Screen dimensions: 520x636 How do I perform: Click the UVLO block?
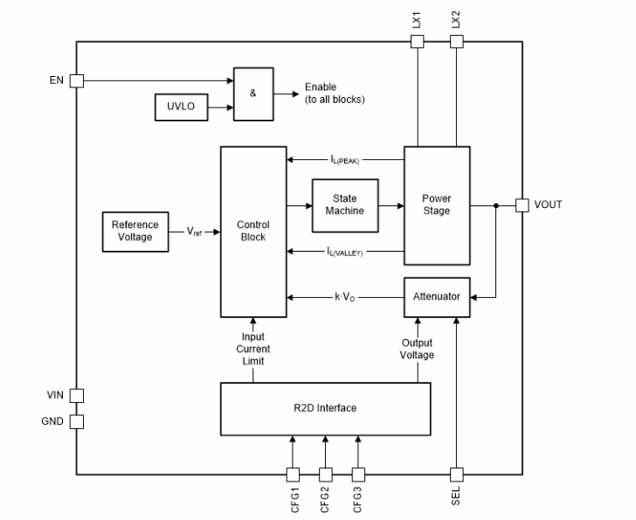[182, 108]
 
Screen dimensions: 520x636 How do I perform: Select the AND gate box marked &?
[252, 93]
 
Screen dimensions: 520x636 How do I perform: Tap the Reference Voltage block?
[135, 232]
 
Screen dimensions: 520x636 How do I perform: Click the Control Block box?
[253, 232]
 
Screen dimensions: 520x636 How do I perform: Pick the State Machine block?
[345, 205]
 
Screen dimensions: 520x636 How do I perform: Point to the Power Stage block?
[436, 205]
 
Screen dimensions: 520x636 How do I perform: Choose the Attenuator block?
[436, 297]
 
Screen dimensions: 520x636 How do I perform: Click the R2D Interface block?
[324, 408]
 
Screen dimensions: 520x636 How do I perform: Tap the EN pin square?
[77, 80]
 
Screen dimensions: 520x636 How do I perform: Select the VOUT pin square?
[522, 205]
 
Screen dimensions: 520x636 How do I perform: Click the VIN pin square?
[77, 395]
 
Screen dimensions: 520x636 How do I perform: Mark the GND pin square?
[77, 421]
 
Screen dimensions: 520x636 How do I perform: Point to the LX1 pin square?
[418, 41]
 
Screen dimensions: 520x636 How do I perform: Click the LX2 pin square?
[455, 41]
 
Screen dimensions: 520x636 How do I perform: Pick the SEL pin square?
[455, 474]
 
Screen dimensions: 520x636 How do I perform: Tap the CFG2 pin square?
[325, 474]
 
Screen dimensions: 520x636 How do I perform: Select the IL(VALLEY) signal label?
[345, 252]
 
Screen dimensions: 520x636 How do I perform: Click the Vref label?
[197, 232]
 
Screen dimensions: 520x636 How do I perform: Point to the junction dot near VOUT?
[496, 206]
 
